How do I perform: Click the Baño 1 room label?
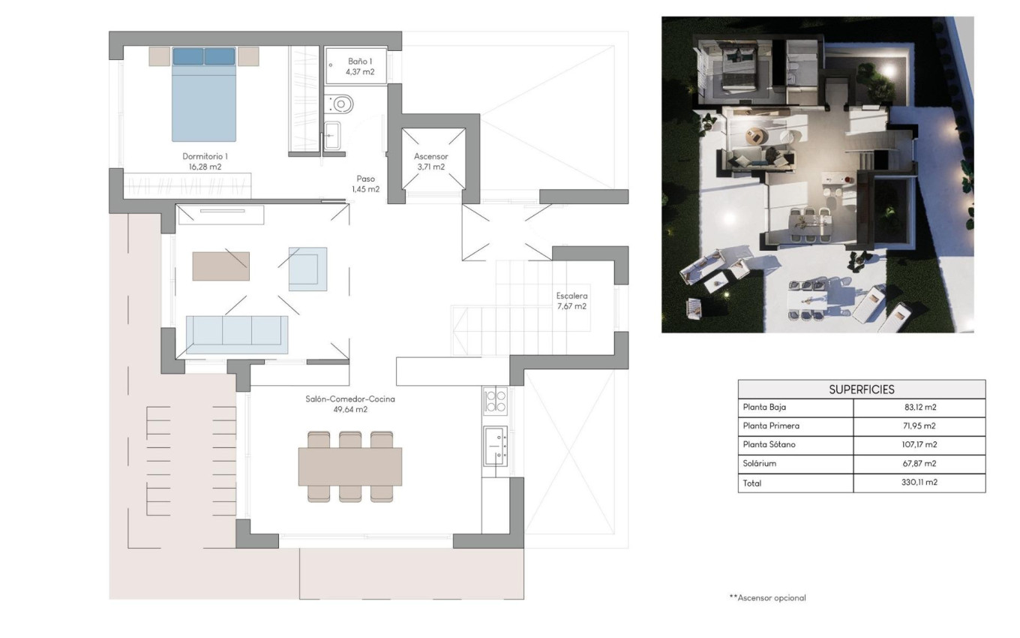pos(360,67)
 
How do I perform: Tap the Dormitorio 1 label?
pos(205,161)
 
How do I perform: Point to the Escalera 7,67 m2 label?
pos(571,301)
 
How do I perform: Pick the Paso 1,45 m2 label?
pos(366,184)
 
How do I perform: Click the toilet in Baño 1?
pos(340,104)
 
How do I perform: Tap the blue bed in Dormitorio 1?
pos(204,95)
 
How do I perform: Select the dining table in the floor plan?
pos(350,467)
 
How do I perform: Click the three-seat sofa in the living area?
pos(237,335)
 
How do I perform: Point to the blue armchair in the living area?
pos(307,269)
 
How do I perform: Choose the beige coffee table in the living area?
pos(220,266)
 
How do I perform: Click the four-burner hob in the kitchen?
pos(495,401)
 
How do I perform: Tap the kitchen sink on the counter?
pos(495,446)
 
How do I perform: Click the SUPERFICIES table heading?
pos(862,390)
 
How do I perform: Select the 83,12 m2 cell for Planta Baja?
pos(920,407)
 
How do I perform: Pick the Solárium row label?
pos(760,463)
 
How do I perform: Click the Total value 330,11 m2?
pos(919,482)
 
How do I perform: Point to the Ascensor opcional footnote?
pos(768,597)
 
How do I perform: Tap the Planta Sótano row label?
pos(769,444)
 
